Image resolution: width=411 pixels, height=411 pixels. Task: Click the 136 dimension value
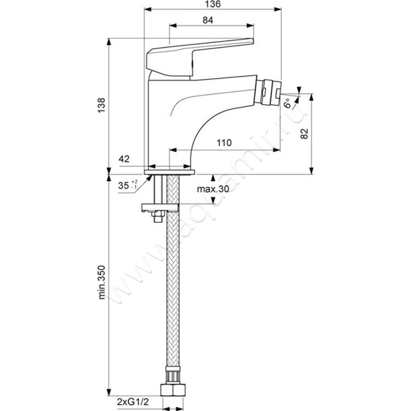click(212, 4)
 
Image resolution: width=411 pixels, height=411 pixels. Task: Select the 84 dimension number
click(208, 20)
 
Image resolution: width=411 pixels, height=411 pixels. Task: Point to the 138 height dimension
click(101, 105)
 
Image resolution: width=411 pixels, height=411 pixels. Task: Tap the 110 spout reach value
click(224, 143)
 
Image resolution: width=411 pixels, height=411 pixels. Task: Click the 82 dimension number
click(304, 134)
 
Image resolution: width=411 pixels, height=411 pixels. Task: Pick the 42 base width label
click(124, 159)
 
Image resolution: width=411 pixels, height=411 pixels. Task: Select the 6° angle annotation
click(288, 103)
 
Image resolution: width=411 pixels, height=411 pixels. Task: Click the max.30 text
click(213, 189)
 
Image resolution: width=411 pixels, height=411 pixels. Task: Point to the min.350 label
click(101, 282)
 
